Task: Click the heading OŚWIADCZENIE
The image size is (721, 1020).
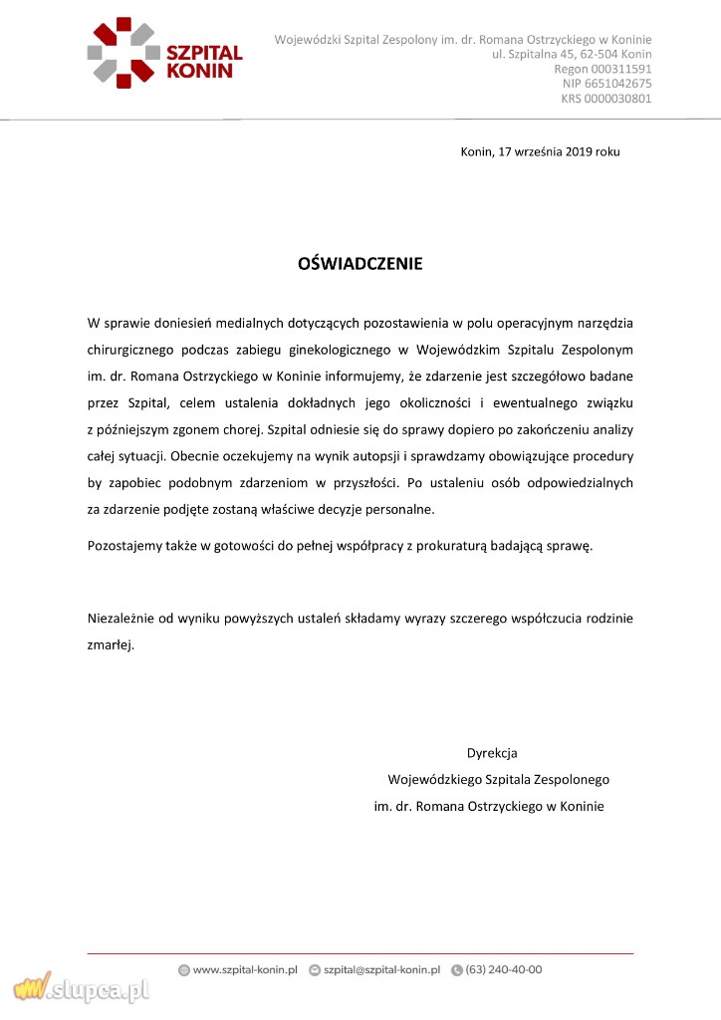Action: pyautogui.click(x=360, y=264)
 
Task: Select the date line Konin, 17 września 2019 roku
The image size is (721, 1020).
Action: pyautogui.click(x=540, y=152)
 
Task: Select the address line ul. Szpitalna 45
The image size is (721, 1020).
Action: pyautogui.click(x=572, y=54)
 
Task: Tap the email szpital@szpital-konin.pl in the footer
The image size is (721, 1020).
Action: pyautogui.click(x=381, y=969)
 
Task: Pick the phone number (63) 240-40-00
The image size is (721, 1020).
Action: pyautogui.click(x=504, y=969)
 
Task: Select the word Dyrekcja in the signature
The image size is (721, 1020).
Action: pyautogui.click(x=492, y=753)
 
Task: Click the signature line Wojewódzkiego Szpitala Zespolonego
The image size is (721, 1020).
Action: pyautogui.click(x=498, y=779)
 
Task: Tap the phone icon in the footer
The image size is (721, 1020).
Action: pyautogui.click(x=457, y=969)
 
